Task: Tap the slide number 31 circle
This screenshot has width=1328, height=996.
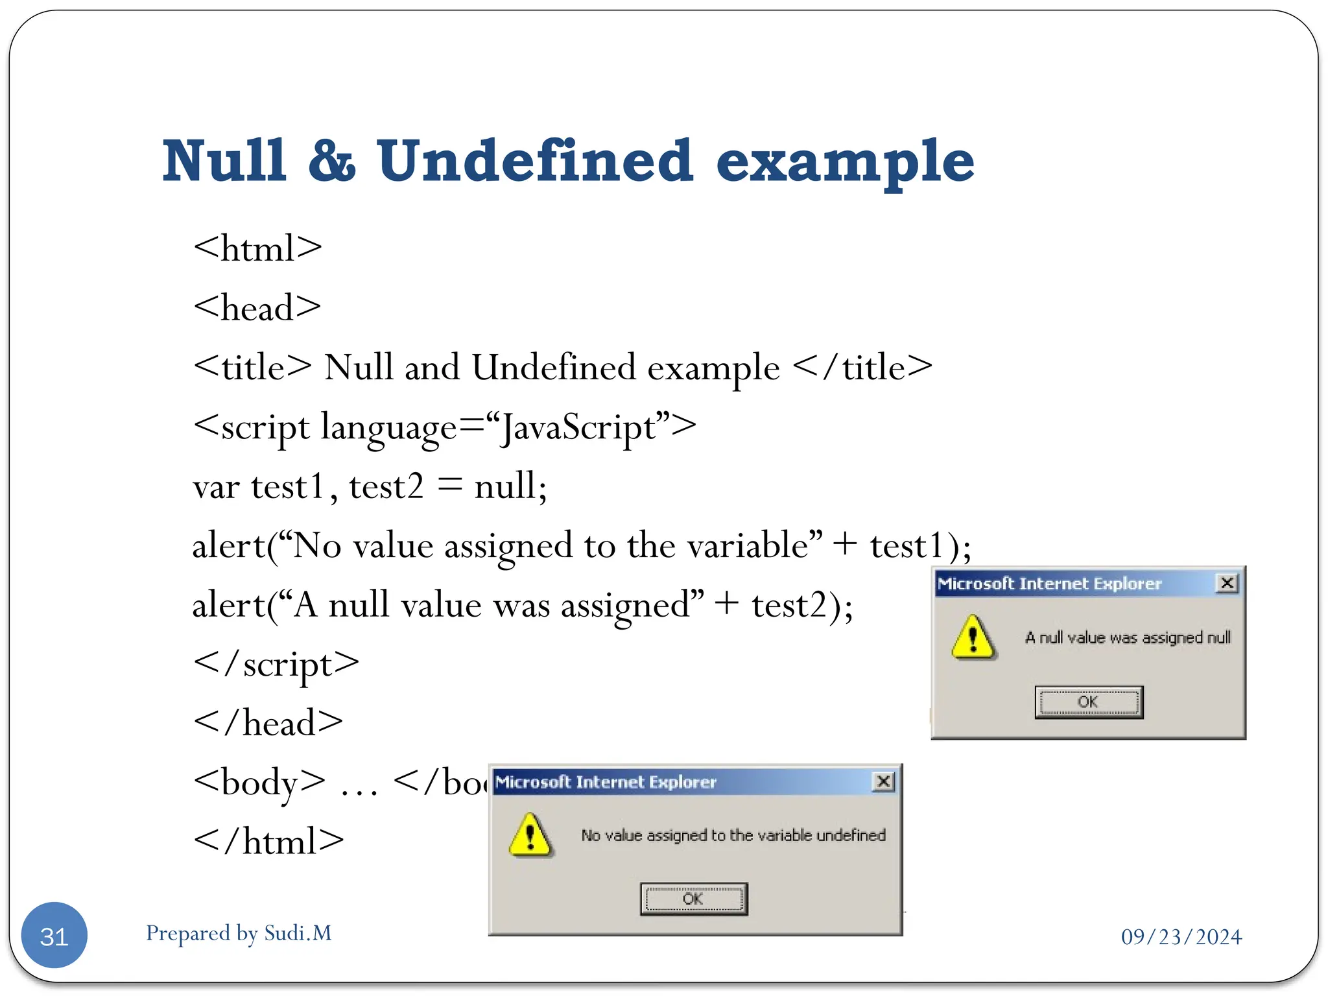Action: (x=54, y=936)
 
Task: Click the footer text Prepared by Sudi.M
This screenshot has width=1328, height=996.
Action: (x=239, y=933)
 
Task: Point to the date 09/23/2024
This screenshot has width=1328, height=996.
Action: (x=1181, y=937)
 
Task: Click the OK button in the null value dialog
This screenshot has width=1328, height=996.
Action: (x=1089, y=702)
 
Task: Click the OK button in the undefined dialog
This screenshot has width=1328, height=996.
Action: (x=693, y=899)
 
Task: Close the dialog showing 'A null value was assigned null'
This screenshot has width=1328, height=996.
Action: (x=1227, y=583)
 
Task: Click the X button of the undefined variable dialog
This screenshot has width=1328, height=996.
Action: (x=884, y=781)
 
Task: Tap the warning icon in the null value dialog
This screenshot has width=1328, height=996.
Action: (x=973, y=637)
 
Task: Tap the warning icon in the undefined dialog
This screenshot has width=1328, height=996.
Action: (x=530, y=835)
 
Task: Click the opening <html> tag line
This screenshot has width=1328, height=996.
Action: (x=257, y=248)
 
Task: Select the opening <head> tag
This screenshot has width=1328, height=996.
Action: (x=257, y=307)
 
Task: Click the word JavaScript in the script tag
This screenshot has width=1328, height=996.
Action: (x=579, y=428)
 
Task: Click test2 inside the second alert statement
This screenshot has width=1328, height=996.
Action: (x=789, y=606)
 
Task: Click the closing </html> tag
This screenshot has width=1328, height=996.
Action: (x=268, y=842)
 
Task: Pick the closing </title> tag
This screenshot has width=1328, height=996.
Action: (x=862, y=368)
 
